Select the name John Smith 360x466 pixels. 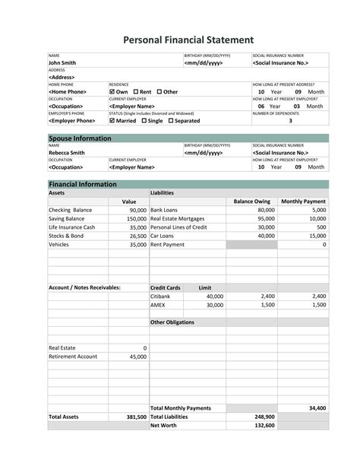tap(65, 63)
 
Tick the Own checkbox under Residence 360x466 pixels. tap(113, 92)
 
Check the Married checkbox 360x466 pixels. tap(113, 120)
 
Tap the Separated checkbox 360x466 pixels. tap(171, 120)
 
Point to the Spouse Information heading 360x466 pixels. tap(80, 138)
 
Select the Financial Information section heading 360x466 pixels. tap(82, 184)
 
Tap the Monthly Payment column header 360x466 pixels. tap(303, 201)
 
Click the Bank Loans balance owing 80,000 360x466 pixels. tap(266, 209)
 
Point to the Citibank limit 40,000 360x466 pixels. tap(214, 296)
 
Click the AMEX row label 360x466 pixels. tap(158, 306)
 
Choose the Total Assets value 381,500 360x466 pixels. tap(136, 417)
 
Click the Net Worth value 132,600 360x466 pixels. tap(264, 426)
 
